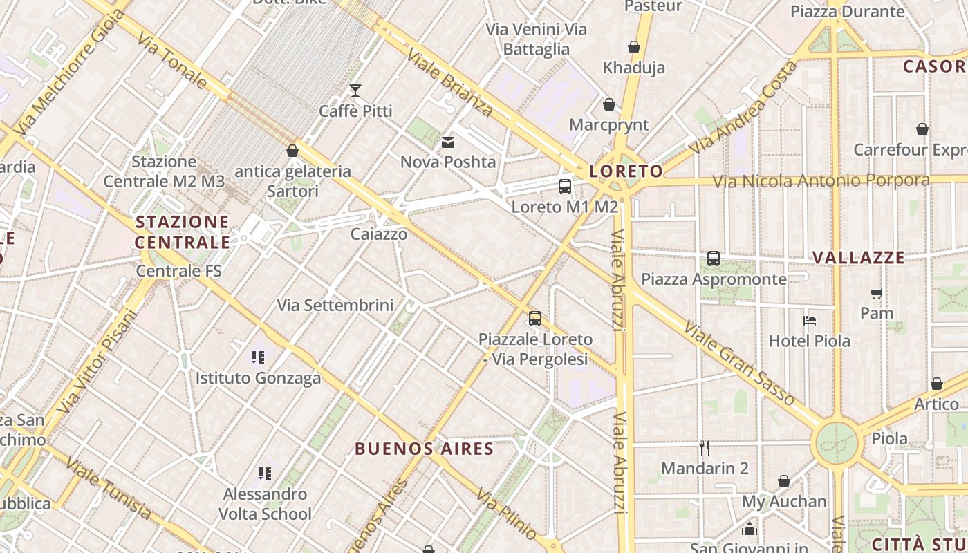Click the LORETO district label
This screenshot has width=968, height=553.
(626, 171)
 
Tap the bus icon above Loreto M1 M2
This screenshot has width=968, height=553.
(565, 186)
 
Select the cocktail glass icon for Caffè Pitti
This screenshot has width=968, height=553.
(355, 90)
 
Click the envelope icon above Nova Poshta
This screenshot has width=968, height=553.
(448, 142)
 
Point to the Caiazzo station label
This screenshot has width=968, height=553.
(379, 234)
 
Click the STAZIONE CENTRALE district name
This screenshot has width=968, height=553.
(183, 232)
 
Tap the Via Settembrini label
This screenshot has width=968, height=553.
(335, 305)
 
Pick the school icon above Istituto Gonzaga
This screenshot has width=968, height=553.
(258, 357)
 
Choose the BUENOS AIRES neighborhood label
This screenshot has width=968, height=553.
(425, 449)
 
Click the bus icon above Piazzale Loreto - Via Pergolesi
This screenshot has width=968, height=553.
(535, 319)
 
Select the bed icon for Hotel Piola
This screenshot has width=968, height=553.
(810, 320)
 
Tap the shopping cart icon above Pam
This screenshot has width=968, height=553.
(877, 293)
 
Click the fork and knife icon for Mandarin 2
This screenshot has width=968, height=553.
(705, 448)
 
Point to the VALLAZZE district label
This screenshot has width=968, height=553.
(858, 258)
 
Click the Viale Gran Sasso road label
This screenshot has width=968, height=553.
(739, 363)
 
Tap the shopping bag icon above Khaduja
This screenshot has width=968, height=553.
(634, 47)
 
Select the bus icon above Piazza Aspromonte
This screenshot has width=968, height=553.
(714, 259)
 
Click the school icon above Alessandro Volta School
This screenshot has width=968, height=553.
(265, 474)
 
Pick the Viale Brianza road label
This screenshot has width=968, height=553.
(449, 82)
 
